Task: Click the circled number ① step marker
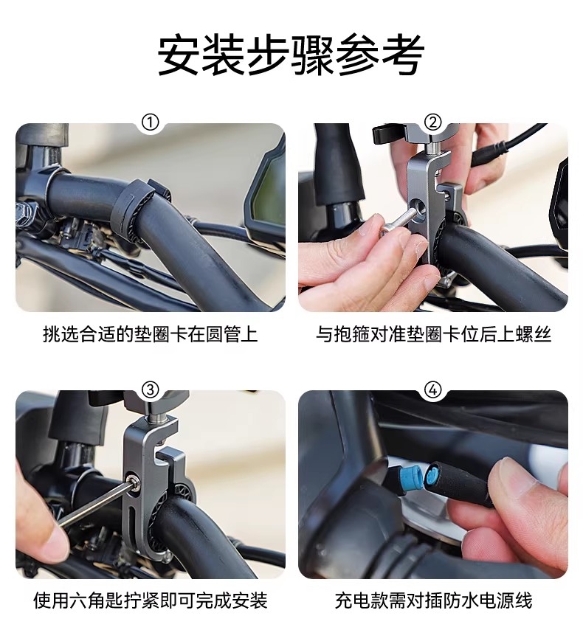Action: (x=150, y=122)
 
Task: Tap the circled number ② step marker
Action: (x=432, y=122)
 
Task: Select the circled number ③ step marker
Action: (x=150, y=389)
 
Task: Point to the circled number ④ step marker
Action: (x=432, y=389)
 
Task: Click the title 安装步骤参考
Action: (x=291, y=55)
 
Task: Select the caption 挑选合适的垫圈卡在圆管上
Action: (x=151, y=334)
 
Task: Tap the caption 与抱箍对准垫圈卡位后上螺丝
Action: (x=433, y=334)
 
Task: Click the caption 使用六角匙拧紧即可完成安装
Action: (x=151, y=600)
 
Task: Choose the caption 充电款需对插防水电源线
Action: (x=433, y=600)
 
